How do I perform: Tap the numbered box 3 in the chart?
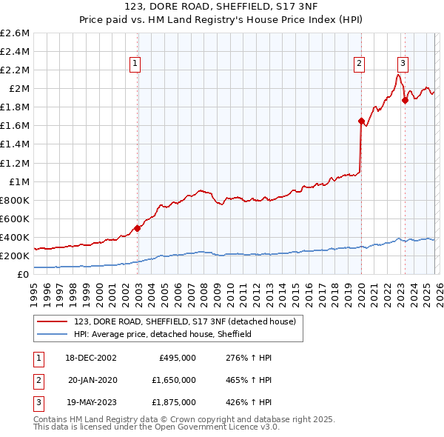pyautogui.click(x=403, y=64)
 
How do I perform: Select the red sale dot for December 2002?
pyautogui.click(x=138, y=228)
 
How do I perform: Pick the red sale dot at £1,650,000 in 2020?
pyautogui.click(x=361, y=121)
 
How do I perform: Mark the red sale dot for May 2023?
pyautogui.click(x=405, y=100)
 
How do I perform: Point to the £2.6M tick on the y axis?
pyautogui.click(x=16, y=33)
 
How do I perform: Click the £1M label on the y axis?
pyautogui.click(x=19, y=181)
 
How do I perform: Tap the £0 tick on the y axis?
pyautogui.click(x=24, y=274)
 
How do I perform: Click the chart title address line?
pyautogui.click(x=221, y=8)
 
